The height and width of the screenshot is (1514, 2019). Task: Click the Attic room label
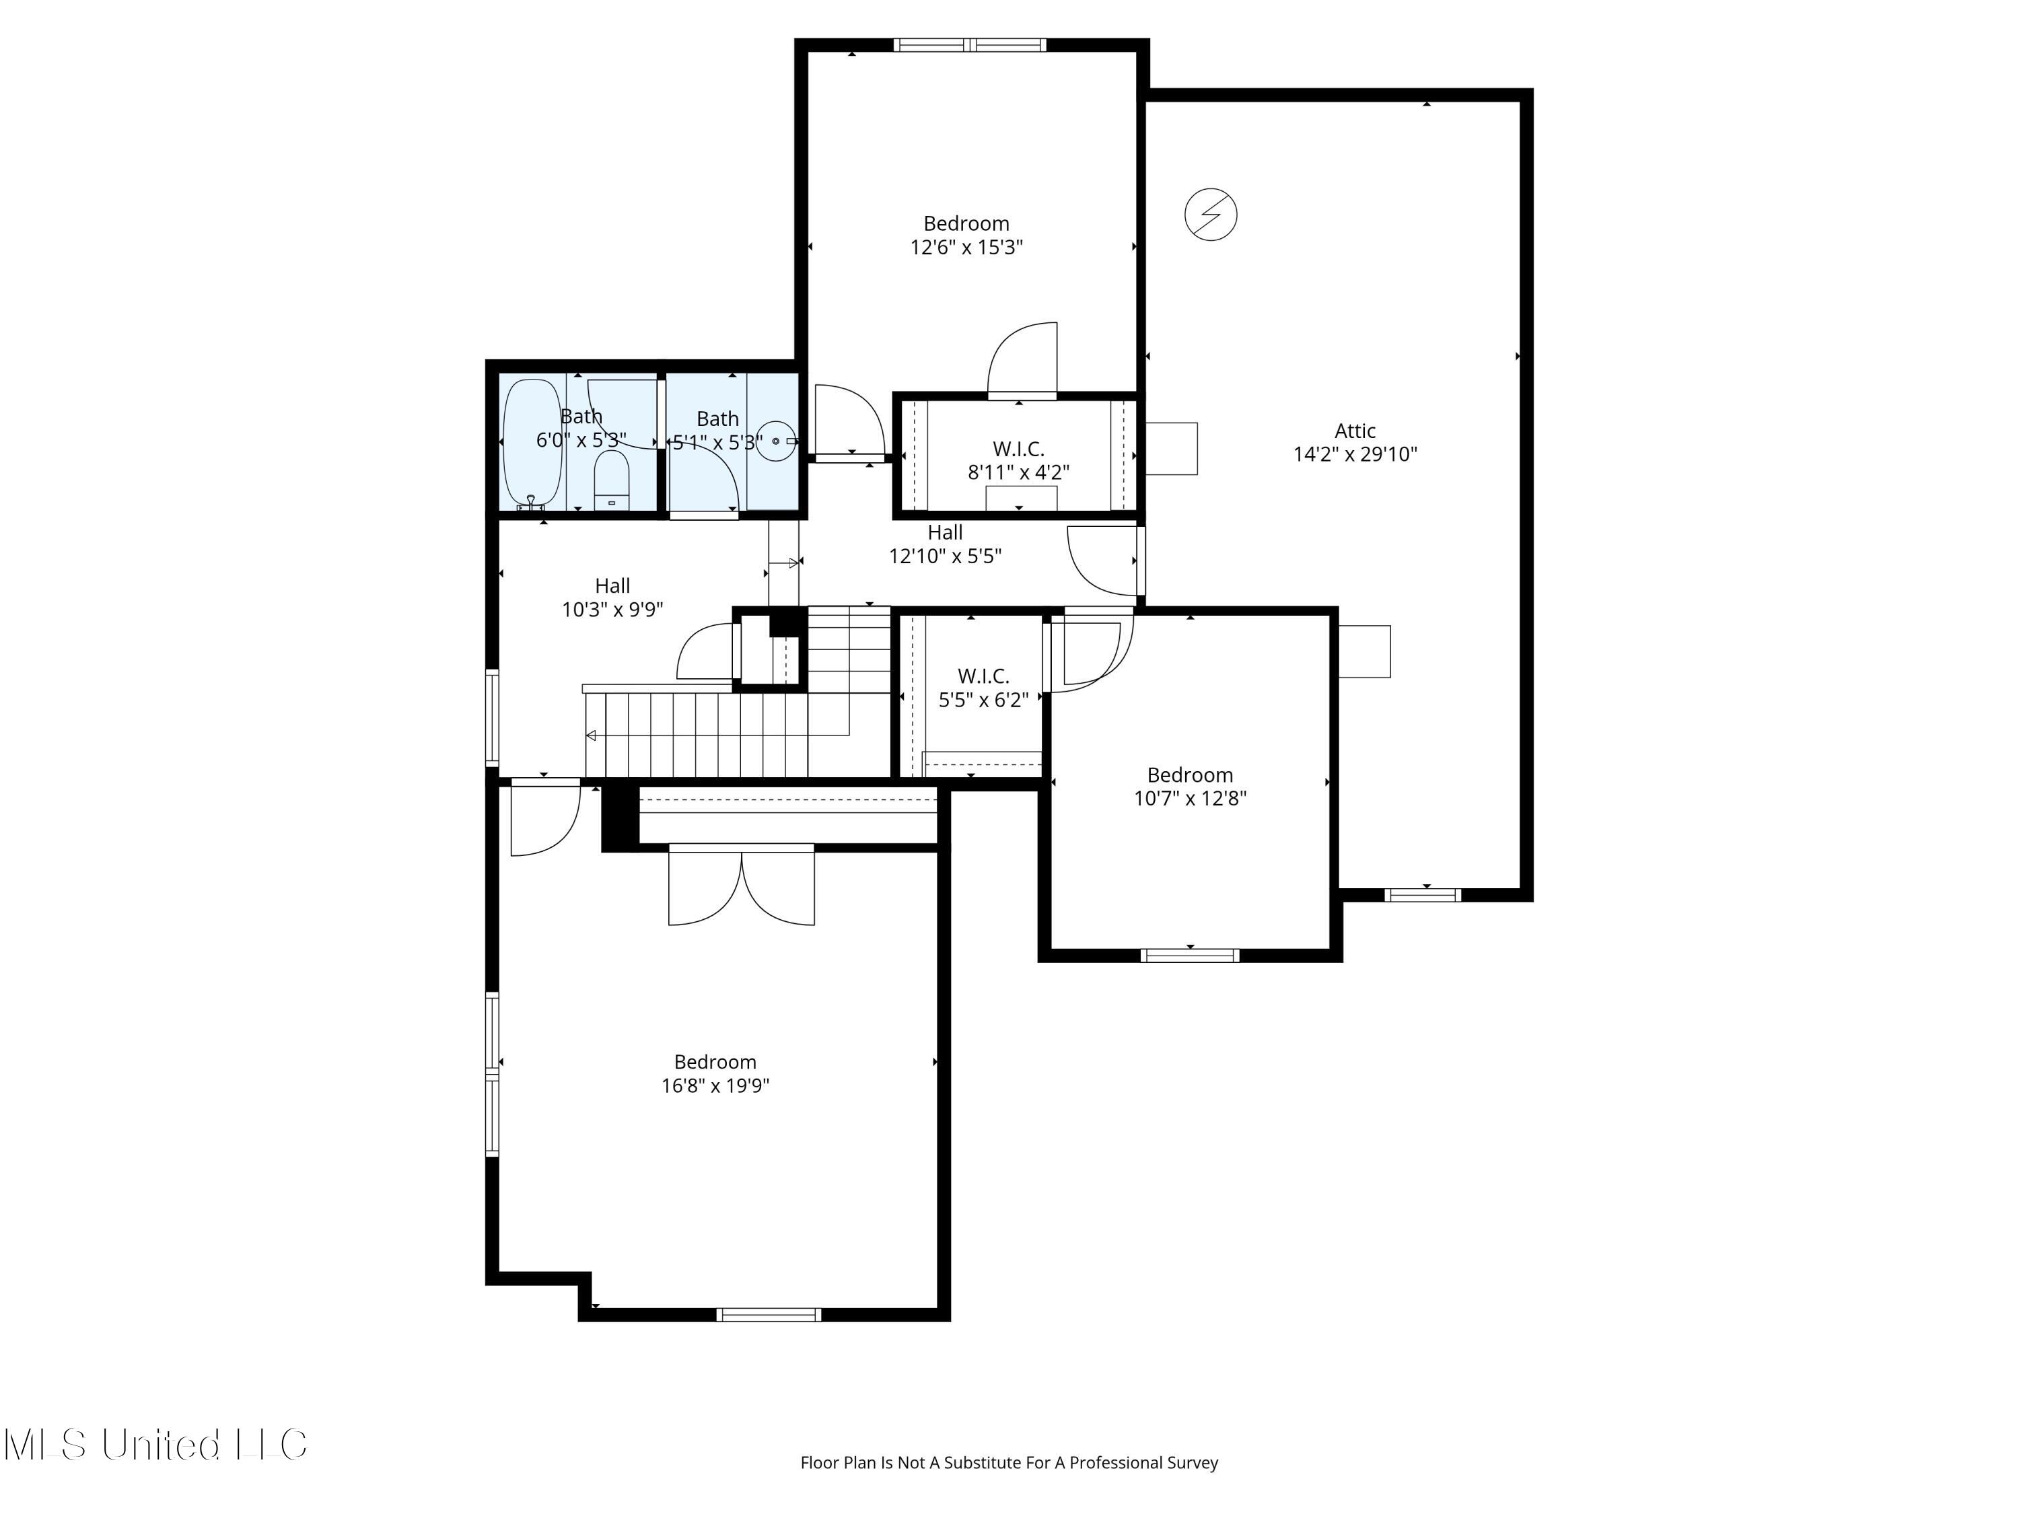pos(1355,431)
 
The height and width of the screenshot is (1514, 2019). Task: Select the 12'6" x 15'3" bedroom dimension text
pos(966,248)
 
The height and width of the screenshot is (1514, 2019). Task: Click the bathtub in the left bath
pos(532,443)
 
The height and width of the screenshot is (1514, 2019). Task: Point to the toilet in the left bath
pos(612,481)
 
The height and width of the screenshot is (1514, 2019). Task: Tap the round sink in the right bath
pos(775,441)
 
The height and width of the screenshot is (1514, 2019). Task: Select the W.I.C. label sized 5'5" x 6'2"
pos(983,676)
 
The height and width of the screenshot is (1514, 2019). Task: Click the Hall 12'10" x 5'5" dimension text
pos(945,556)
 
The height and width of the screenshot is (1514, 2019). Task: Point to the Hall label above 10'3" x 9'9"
pos(612,586)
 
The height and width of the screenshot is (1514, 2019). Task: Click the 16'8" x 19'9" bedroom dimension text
pos(715,1085)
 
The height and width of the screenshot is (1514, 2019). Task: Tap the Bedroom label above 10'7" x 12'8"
pos(1189,774)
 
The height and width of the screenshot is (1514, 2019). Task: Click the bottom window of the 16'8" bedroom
pos(769,1314)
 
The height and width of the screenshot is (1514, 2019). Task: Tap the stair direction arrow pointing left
pos(592,735)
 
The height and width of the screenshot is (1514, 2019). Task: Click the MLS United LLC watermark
pos(155,1445)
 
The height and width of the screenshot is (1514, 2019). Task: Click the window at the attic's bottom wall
pos(1422,894)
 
